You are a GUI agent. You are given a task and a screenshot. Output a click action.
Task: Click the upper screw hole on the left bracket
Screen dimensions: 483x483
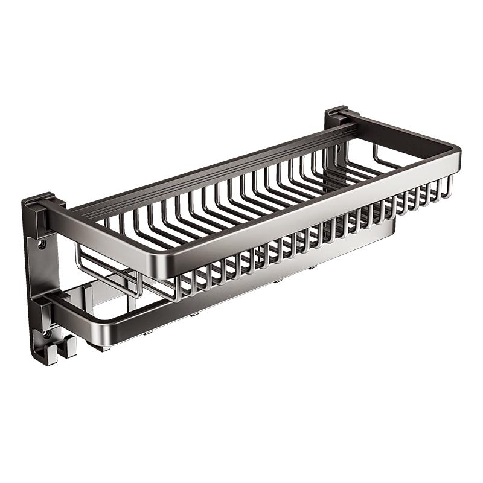click(x=42, y=245)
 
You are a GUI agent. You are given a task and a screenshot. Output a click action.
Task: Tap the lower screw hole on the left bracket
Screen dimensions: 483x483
click(x=44, y=333)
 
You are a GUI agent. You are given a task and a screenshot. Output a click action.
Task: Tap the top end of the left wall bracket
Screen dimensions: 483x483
click(x=42, y=199)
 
